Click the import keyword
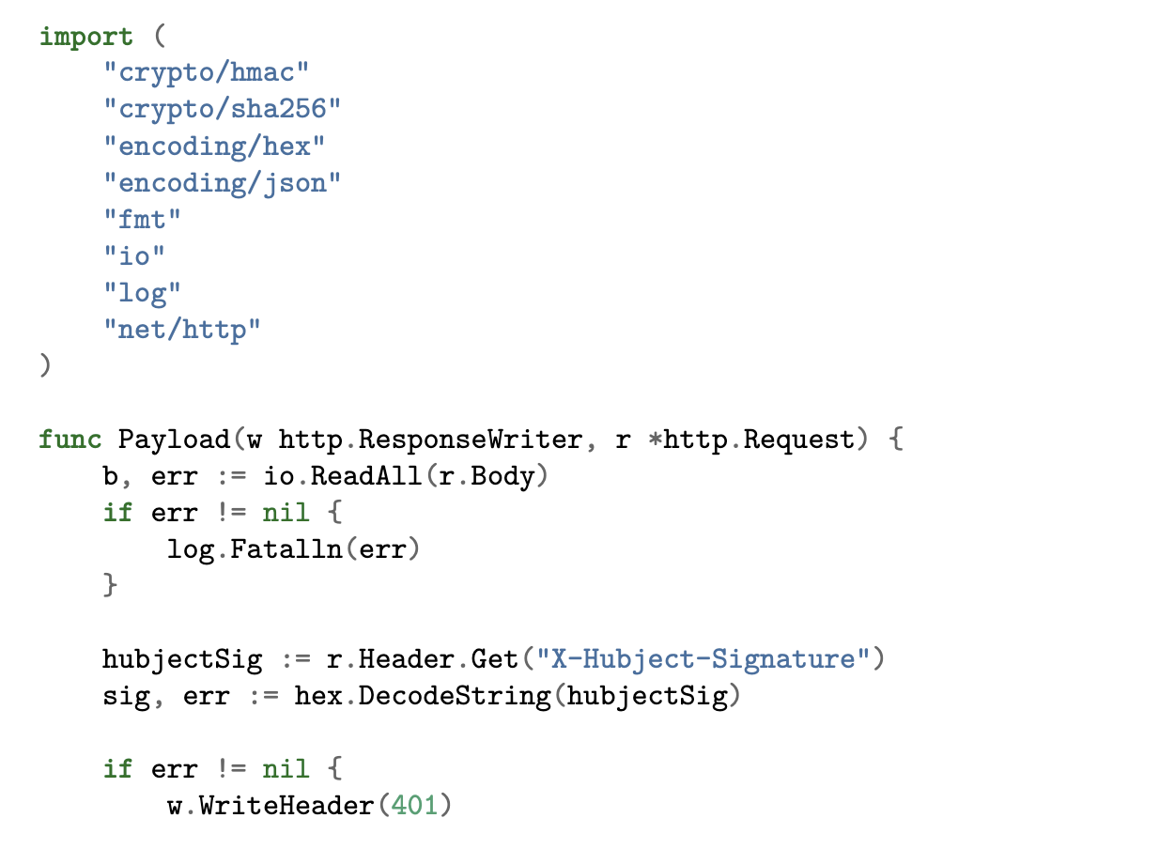[x=86, y=38]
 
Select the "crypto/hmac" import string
[x=207, y=72]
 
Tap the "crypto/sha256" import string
[x=223, y=109]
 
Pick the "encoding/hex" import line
[x=214, y=147]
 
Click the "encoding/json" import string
[x=223, y=183]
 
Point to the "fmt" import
[x=142, y=220]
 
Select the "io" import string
[x=134, y=256]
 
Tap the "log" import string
[x=142, y=293]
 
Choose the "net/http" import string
[x=182, y=330]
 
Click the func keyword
[x=70, y=440]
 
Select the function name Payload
[x=174, y=440]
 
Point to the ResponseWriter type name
[x=471, y=440]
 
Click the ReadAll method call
[x=365, y=476]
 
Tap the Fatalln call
[x=286, y=549]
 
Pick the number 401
[x=414, y=806]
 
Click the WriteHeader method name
[x=286, y=806]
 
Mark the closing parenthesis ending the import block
[x=45, y=365]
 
